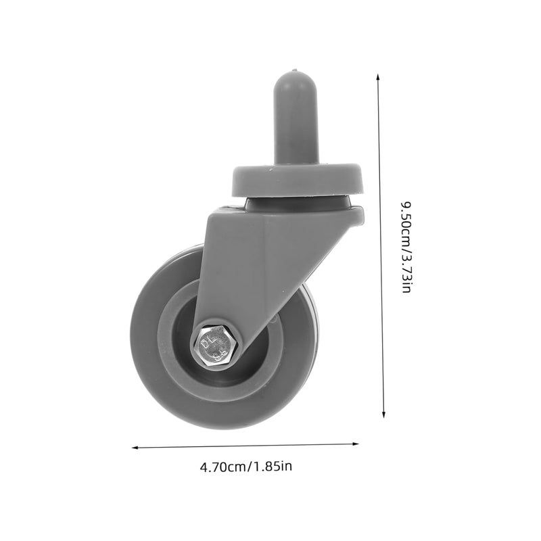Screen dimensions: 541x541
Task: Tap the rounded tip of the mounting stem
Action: click(x=295, y=72)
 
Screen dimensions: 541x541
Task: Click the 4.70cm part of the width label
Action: click(x=222, y=466)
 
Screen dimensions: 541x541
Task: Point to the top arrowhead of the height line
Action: click(x=378, y=78)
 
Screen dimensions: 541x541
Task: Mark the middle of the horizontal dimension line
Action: click(x=245, y=446)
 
